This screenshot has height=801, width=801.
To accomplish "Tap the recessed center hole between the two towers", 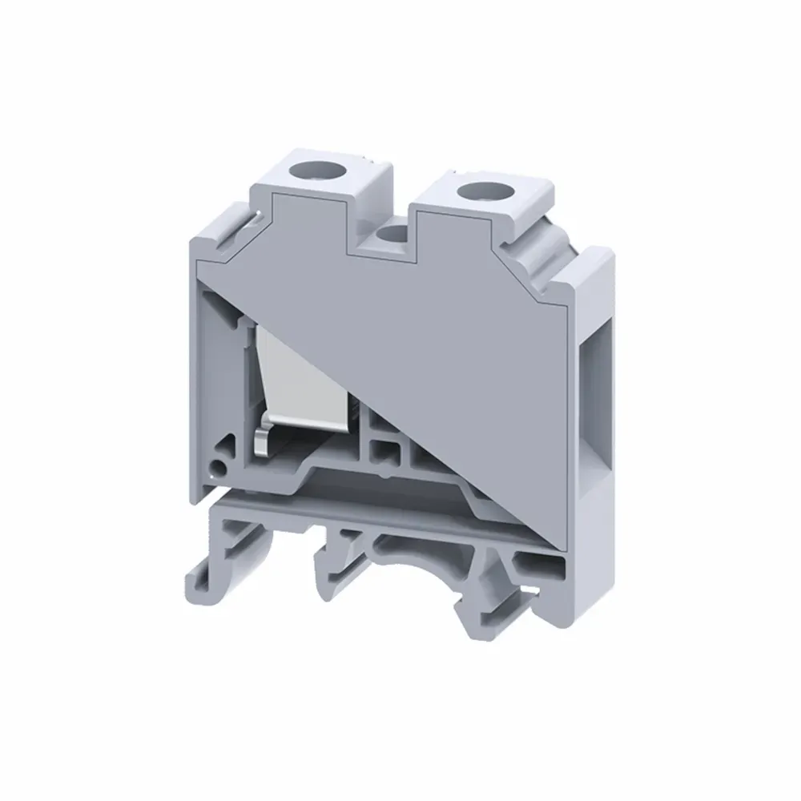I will click(392, 235).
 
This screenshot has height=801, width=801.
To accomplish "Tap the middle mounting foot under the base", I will click(336, 577).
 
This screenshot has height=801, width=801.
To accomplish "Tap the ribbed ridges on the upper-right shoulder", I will click(553, 240).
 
